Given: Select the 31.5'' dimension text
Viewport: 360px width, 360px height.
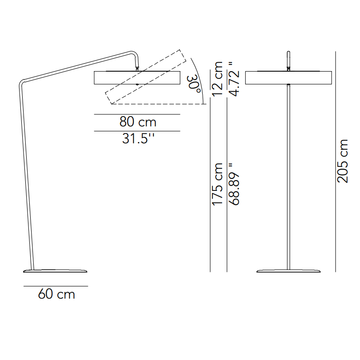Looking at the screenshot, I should point(138,139).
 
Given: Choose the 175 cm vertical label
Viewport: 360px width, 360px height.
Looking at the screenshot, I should point(218,184).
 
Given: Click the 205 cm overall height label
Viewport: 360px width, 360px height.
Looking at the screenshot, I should point(343,161).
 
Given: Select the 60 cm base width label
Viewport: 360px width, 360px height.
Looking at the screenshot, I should point(56,294).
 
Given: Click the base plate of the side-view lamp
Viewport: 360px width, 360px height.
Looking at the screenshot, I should point(56,271).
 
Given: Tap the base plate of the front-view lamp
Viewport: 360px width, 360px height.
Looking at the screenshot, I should point(288,271).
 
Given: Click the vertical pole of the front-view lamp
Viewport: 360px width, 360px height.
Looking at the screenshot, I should point(288,178).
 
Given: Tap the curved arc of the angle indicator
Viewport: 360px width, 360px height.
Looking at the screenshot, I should point(200,80).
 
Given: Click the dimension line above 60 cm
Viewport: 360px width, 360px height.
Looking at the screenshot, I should point(56,286).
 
